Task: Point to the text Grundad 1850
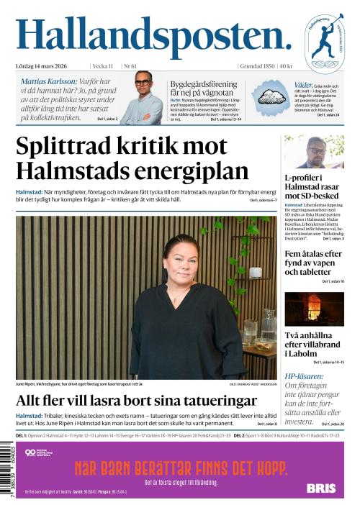click(258, 66)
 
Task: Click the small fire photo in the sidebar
click(314, 309)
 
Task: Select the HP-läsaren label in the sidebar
click(303, 376)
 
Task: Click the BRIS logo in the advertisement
click(320, 488)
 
